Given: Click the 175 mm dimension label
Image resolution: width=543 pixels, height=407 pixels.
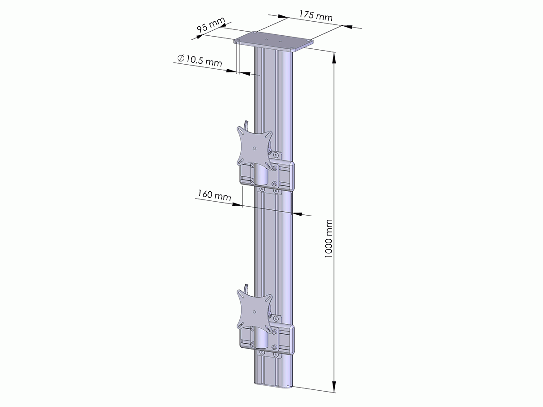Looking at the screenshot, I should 315,16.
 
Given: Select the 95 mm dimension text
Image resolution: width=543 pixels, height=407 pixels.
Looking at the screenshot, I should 211,27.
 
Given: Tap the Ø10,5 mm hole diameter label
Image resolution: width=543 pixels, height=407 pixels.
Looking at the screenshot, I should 199,60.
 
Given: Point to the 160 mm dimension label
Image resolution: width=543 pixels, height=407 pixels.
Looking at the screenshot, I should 214,196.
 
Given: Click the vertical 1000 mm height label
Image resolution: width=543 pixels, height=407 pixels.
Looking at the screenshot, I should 329,239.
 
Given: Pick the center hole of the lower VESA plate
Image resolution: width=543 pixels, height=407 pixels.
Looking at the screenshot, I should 255,311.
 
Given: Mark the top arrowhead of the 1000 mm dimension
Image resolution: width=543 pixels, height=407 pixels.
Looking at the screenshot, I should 334,57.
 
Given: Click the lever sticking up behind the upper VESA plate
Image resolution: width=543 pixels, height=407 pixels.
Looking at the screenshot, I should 245,124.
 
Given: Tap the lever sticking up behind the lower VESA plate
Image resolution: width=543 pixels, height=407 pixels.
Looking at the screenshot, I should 245,287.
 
